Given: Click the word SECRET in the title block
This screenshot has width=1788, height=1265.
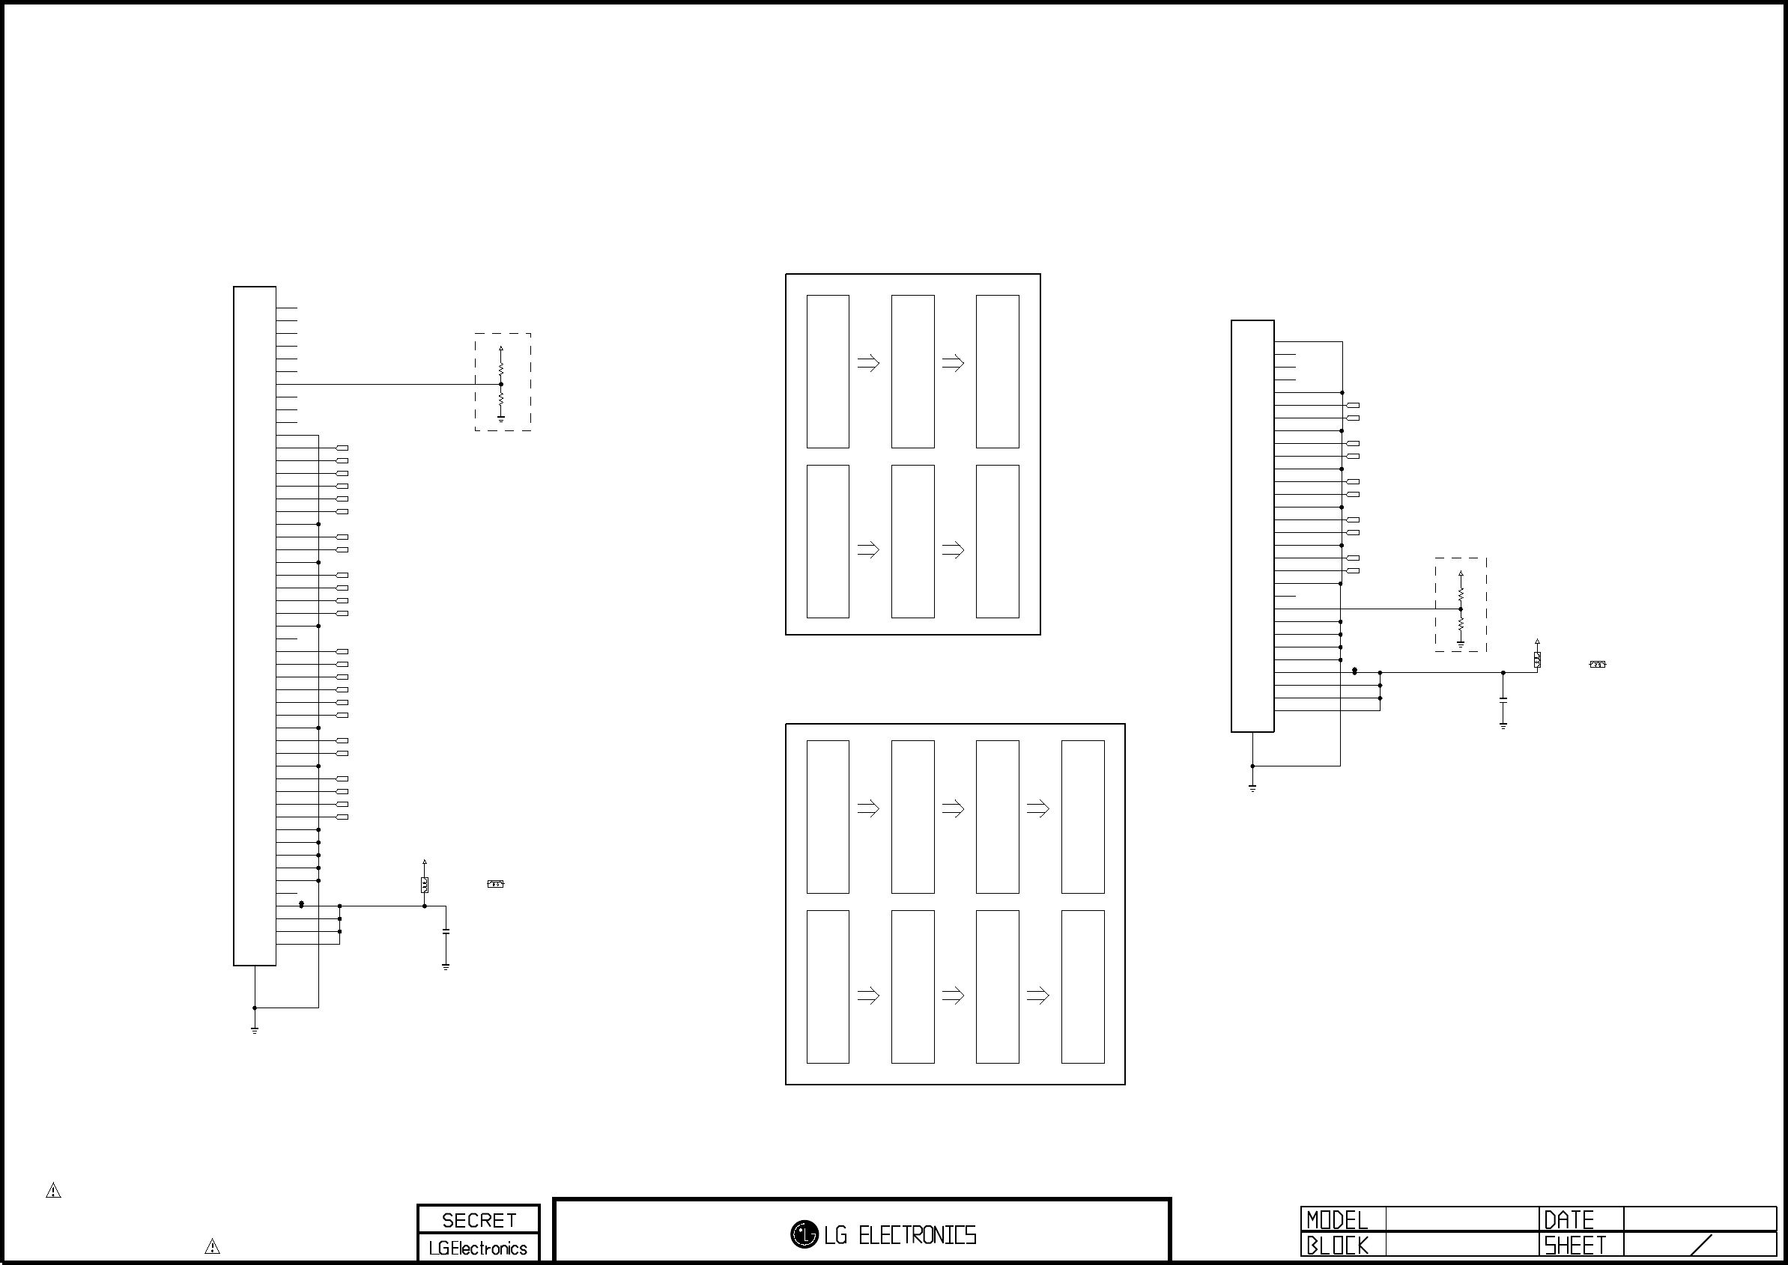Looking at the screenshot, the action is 479,1220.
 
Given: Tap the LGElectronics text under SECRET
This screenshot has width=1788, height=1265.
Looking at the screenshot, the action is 478,1248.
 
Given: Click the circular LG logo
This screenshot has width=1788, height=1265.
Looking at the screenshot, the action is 804,1234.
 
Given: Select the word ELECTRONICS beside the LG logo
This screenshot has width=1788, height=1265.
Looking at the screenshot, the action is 917,1235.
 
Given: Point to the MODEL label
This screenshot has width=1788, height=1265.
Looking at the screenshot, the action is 1337,1220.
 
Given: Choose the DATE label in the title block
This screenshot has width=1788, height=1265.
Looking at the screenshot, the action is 1569,1220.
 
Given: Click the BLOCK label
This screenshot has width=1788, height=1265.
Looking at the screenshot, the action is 1337,1246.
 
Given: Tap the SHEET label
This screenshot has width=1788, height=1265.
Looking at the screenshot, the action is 1575,1246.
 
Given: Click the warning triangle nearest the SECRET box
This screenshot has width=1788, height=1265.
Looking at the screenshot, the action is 212,1246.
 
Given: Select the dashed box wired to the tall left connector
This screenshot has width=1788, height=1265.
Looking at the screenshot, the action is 503,382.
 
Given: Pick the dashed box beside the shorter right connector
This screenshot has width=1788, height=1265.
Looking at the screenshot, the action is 1461,605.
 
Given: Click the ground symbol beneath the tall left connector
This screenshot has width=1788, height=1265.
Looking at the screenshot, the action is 255,1030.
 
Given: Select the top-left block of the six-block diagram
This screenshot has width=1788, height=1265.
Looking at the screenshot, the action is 828,371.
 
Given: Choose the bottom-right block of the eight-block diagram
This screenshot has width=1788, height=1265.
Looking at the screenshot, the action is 1082,986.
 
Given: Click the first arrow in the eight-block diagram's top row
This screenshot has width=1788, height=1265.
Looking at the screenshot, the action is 868,809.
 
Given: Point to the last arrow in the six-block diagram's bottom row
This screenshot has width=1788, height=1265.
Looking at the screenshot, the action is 954,550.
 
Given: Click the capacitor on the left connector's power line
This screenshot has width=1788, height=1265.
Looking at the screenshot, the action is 446,932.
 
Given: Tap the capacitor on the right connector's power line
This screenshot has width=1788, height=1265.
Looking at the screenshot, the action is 1503,701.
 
